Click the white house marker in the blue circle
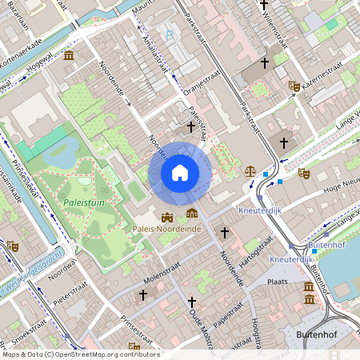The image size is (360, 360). click(180, 172)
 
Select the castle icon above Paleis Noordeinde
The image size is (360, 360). click(167, 216)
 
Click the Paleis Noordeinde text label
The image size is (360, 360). click(166, 230)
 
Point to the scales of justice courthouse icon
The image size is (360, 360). click(251, 170)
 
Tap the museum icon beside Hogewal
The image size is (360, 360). click(70, 55)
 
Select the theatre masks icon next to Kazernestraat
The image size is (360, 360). click(294, 85)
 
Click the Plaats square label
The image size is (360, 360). click(278, 282)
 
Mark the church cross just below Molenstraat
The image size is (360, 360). click(143, 295)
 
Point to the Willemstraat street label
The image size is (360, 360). click(287, 24)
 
